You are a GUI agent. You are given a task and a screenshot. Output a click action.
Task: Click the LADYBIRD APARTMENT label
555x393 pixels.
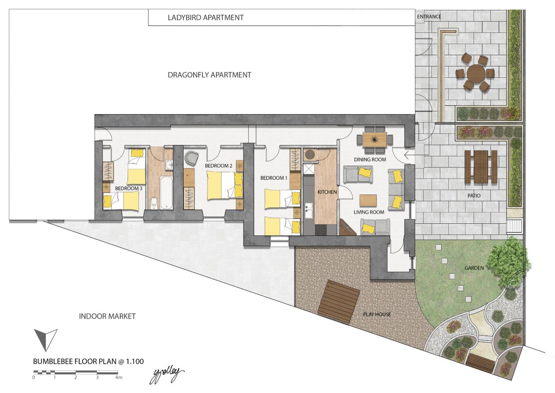pyautogui.click(x=206, y=18)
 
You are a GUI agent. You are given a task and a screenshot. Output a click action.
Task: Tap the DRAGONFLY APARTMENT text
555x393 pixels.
pyautogui.click(x=209, y=75)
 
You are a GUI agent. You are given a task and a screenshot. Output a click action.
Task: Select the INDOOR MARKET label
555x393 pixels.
pyautogui.click(x=107, y=316)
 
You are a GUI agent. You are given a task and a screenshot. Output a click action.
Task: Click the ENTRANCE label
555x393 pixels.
pyautogui.click(x=429, y=17)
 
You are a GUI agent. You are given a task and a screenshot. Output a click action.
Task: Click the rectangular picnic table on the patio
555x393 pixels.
pyautogui.click(x=481, y=167)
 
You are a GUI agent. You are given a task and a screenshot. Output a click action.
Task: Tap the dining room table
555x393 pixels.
pyautogui.click(x=375, y=139)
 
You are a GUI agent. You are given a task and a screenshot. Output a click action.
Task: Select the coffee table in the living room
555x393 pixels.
pyautogui.click(x=368, y=200)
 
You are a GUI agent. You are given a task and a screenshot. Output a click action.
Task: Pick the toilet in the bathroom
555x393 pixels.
pyautogui.click(x=154, y=203)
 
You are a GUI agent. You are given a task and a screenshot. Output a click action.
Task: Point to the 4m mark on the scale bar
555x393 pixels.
pyautogui.click(x=118, y=377)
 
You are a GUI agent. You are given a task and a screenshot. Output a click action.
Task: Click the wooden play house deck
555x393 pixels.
pyautogui.click(x=338, y=301)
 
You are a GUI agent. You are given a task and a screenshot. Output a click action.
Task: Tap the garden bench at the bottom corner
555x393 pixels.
pyautogui.click(x=480, y=363)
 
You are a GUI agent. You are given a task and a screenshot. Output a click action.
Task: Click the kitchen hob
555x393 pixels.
pyautogui.click(x=321, y=230)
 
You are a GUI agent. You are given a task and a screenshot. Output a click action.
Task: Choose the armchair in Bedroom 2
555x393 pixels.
pyautogui.click(x=192, y=158)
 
